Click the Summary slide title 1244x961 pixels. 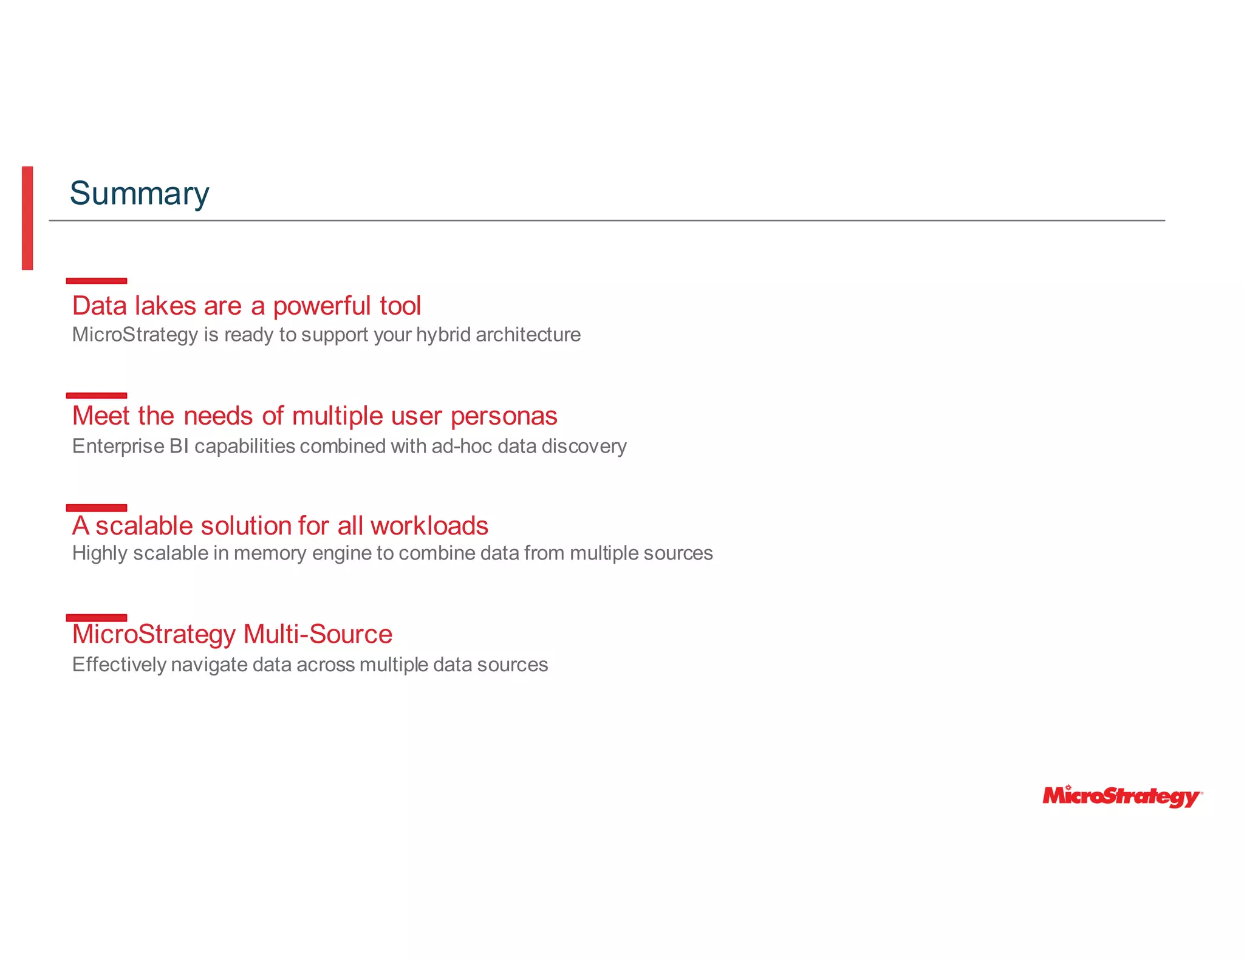click(x=139, y=194)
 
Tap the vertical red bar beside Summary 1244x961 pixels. click(x=27, y=217)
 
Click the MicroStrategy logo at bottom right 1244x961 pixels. click(x=1122, y=796)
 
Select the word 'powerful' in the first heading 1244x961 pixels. click(x=321, y=306)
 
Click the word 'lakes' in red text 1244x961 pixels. click(x=165, y=306)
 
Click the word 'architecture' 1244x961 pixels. click(x=528, y=335)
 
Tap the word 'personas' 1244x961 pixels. click(x=504, y=417)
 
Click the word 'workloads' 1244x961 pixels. click(x=429, y=526)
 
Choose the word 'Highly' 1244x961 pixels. click(x=98, y=553)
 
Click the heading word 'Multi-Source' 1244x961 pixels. click(x=318, y=634)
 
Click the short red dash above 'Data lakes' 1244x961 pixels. click(x=97, y=281)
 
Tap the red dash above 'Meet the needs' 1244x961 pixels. click(x=97, y=395)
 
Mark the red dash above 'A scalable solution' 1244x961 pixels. click(x=97, y=508)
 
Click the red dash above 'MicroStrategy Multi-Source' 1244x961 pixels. click(x=97, y=618)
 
